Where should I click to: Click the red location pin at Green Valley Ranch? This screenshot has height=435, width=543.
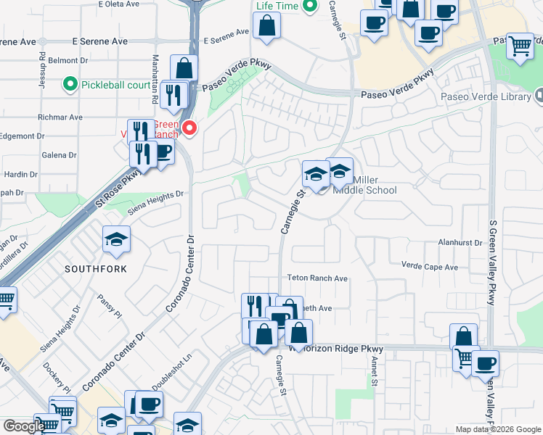coord(189,128)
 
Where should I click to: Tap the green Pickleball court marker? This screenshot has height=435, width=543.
coord(70,85)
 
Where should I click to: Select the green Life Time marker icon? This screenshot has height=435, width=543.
coord(309,7)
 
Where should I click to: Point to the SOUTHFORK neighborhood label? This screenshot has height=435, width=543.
coord(95,269)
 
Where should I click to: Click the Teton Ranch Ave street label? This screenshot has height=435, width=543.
coord(317,278)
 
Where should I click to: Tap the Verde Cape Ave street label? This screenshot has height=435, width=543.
coord(430,267)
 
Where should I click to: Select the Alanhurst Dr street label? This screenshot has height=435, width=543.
coord(460,244)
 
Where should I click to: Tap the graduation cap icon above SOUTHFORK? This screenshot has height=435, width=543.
coord(116,240)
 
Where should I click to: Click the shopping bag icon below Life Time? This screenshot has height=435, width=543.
coord(267,28)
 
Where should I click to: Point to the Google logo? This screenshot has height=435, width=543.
coord(23,426)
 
